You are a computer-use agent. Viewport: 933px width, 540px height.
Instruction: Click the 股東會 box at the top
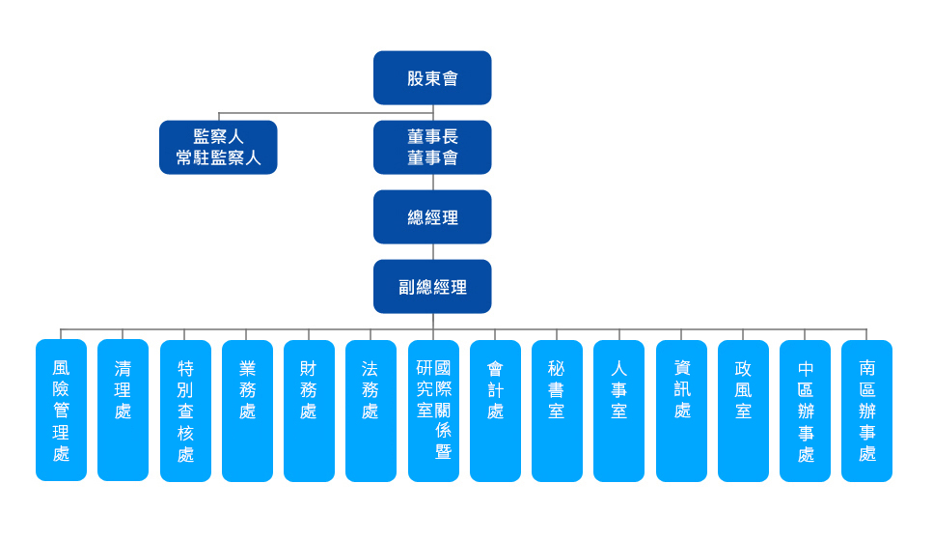(432, 77)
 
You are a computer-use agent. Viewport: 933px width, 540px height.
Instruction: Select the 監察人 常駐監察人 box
(218, 147)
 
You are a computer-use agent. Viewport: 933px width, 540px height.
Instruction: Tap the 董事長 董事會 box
(432, 147)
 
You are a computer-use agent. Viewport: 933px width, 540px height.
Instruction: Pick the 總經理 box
(432, 216)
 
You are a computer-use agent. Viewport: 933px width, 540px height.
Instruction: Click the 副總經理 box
(432, 286)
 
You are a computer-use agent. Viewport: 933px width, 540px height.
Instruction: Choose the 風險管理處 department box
(61, 410)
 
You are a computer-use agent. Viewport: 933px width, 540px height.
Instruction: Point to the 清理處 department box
(123, 410)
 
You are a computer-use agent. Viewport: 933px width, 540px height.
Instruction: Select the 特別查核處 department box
(185, 410)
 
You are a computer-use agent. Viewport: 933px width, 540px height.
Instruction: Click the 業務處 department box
(247, 410)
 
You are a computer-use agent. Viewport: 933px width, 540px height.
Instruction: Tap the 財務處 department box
(309, 410)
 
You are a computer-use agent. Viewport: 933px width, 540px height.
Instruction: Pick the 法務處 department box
(370, 410)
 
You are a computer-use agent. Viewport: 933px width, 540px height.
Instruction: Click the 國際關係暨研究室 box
(433, 410)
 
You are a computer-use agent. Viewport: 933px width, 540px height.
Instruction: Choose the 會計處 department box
(495, 410)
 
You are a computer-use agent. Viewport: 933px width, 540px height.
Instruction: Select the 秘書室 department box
(557, 410)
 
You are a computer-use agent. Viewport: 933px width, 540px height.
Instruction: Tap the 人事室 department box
(618, 410)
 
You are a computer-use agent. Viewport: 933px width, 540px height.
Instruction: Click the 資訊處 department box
(681, 410)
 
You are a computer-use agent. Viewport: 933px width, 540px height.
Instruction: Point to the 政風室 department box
(743, 410)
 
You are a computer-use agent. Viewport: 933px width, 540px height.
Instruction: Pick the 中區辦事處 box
(805, 410)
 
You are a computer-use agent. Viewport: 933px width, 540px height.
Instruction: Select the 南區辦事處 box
(866, 410)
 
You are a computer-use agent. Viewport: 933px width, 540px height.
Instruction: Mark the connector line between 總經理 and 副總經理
(432, 251)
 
